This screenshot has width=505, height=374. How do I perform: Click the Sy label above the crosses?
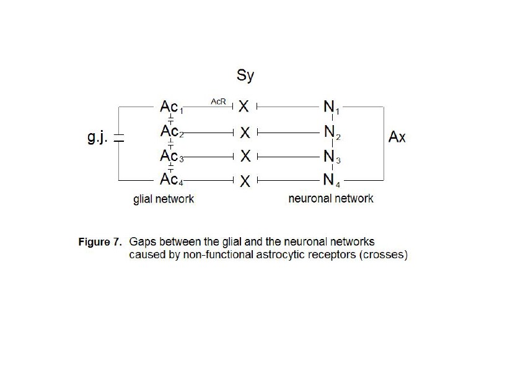tap(245, 76)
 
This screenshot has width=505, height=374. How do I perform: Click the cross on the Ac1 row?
tap(245, 107)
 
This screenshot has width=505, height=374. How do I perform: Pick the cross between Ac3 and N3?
tap(245, 157)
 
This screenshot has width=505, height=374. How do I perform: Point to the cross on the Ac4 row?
tap(245, 181)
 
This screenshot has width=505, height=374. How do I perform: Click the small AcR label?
tap(219, 100)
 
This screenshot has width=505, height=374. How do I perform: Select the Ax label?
tap(397, 137)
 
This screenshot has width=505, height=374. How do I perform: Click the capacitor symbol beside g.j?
tap(119, 139)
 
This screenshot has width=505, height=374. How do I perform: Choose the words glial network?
tap(164, 199)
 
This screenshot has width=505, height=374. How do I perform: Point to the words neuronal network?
tap(331, 199)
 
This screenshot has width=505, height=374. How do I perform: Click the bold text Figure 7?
tap(100, 242)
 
